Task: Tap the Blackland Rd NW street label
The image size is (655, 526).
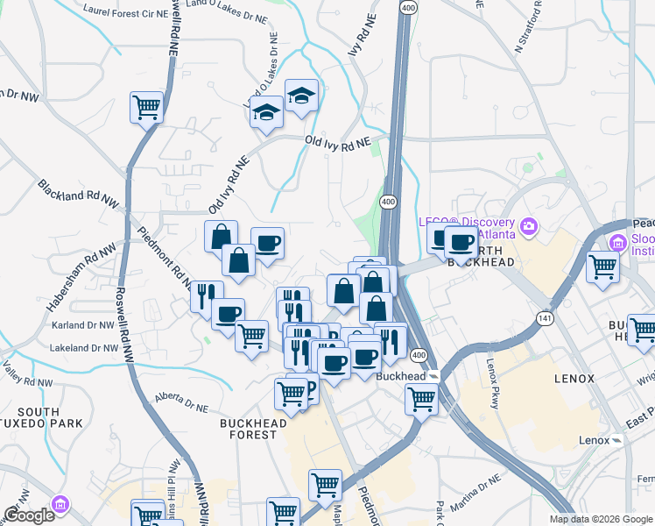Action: [x=77, y=195]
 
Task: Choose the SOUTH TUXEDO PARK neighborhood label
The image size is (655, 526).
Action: [x=38, y=419]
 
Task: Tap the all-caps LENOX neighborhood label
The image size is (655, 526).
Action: [x=574, y=379]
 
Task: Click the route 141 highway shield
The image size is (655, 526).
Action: [x=546, y=318]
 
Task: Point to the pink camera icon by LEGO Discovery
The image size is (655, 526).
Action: [x=528, y=227]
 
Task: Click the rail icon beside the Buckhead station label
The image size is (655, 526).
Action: [x=433, y=376]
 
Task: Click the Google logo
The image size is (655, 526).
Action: [x=29, y=515]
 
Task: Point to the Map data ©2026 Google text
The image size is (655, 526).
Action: [x=600, y=519]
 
